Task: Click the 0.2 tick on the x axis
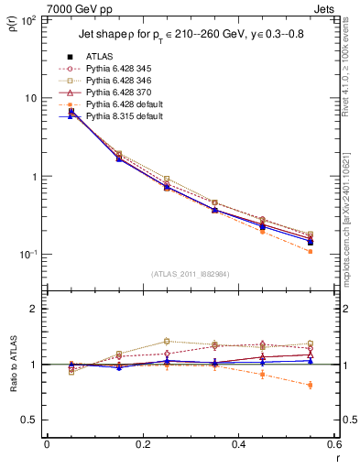(142, 446)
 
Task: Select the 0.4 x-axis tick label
(238, 446)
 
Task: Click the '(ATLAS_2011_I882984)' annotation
(190, 273)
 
